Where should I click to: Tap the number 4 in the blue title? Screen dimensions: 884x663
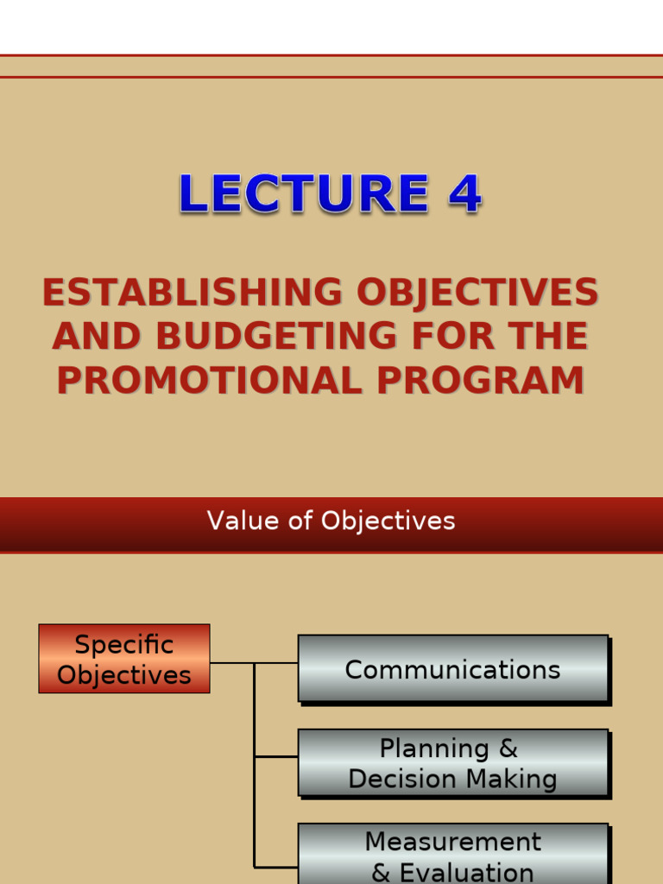pos(464,194)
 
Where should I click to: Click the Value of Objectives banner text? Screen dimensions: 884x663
pos(331,521)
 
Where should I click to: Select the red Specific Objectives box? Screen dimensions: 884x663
pos(124,659)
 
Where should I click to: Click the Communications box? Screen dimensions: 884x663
pos(453,670)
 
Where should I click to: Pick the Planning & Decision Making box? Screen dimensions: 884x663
pos(453,763)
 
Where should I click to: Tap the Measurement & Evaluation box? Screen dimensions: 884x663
pos(453,855)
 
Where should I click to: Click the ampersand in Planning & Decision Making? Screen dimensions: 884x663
pos(508,748)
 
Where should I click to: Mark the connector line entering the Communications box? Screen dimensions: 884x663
pos(276,663)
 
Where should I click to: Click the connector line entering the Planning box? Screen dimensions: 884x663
pos(276,756)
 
